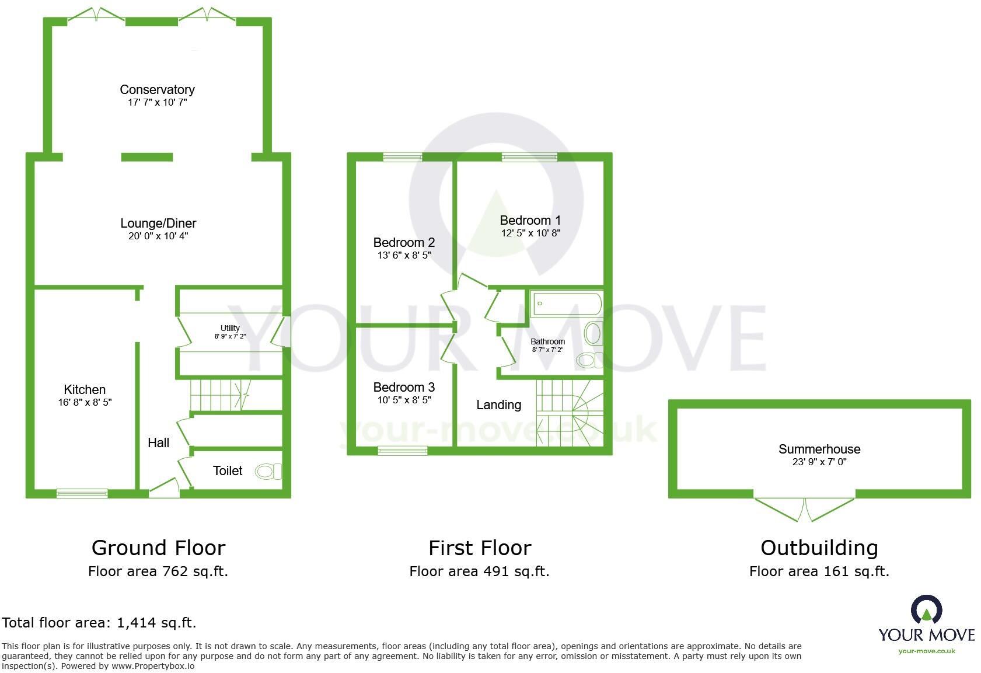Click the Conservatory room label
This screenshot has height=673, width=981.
157,89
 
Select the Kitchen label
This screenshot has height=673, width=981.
85,389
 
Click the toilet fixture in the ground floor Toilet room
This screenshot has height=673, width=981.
269,471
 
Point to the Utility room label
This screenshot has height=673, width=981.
230,328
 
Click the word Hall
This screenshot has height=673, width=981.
158,442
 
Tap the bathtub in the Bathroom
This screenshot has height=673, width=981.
565,304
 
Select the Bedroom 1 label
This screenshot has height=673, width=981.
530,220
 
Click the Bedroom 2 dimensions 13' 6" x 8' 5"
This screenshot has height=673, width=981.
404,255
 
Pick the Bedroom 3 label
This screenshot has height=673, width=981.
404,387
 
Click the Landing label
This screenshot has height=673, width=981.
498,405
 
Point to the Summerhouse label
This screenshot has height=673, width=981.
819,449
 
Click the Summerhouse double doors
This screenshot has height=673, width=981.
805,508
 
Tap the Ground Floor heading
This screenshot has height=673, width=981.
158,548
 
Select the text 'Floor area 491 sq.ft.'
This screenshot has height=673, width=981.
479,571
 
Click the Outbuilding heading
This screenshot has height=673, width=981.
819,548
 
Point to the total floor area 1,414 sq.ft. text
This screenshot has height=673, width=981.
99,623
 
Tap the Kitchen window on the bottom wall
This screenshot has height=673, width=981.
82,494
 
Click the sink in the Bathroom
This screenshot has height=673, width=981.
593,333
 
